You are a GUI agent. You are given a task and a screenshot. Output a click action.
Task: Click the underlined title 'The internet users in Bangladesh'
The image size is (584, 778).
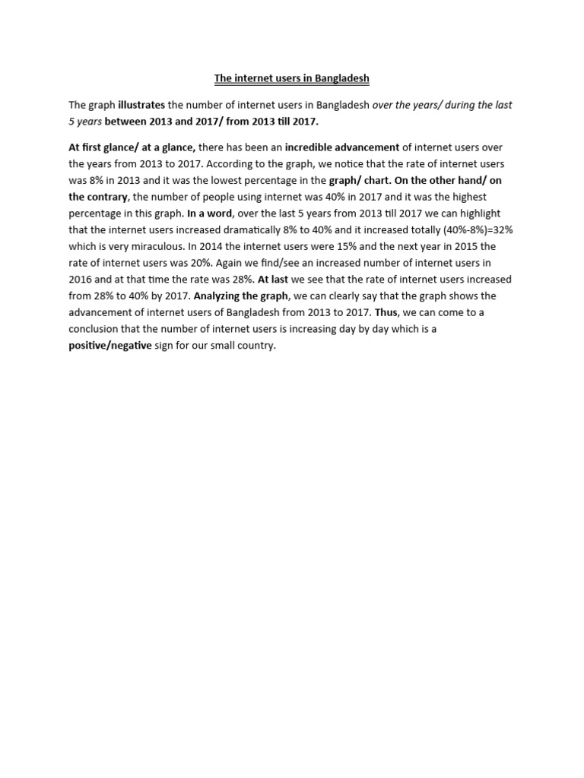[291, 78]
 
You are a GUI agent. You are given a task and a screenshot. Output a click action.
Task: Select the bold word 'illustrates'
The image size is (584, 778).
[141, 105]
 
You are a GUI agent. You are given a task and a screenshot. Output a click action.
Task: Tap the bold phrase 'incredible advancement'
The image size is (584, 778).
[342, 147]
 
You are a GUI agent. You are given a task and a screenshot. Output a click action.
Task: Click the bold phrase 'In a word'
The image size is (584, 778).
[209, 213]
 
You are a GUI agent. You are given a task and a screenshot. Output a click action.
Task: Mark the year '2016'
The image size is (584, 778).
[81, 280]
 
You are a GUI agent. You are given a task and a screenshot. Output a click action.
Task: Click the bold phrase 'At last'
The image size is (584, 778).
[272, 280]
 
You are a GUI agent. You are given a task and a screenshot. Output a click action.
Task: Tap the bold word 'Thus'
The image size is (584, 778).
[386, 312]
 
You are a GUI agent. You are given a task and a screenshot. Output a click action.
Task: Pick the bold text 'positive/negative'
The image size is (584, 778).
[110, 346]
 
